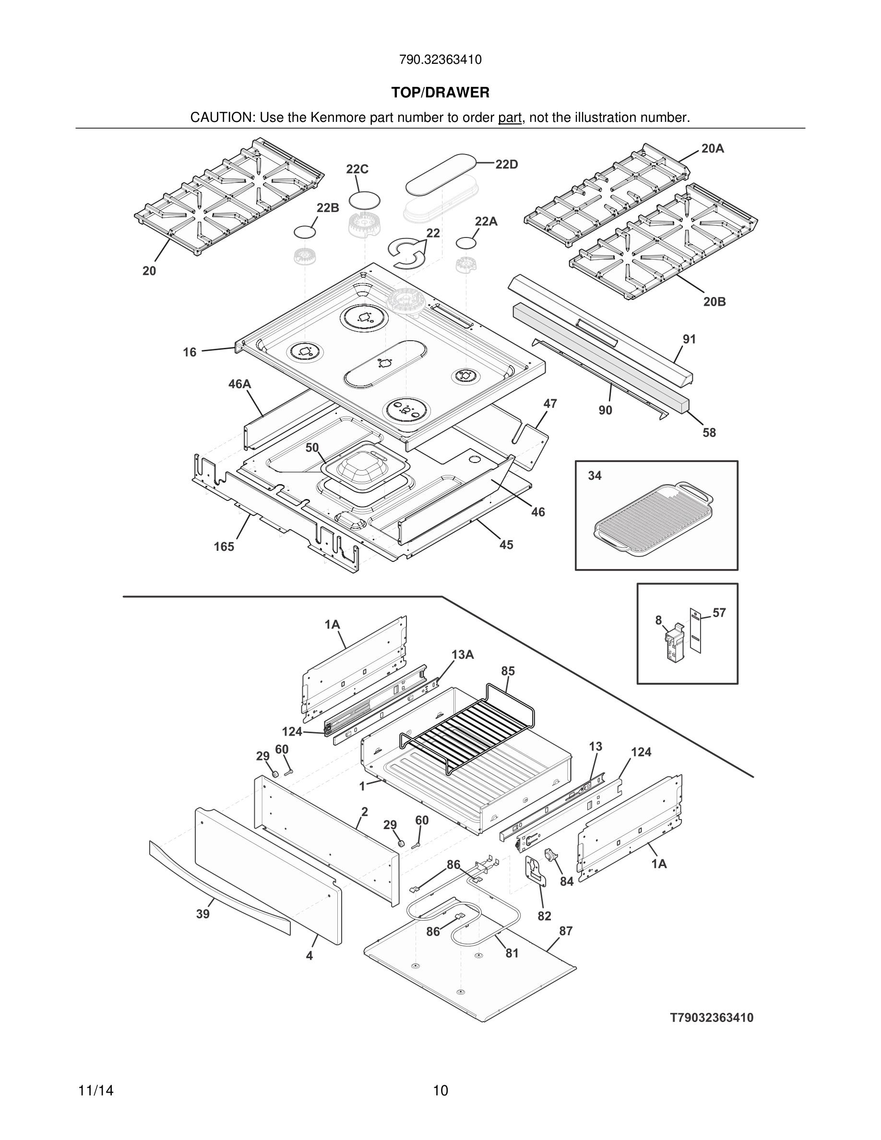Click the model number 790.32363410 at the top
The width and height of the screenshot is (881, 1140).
point(440,59)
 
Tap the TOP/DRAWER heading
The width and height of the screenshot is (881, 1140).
point(440,93)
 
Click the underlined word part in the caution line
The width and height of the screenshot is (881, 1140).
point(510,118)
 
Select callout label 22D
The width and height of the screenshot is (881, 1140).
point(506,165)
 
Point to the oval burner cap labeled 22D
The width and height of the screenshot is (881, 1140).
point(441,171)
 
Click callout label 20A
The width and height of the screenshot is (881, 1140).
point(713,149)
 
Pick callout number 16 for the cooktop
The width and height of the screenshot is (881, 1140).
point(190,352)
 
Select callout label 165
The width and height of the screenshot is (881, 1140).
point(224,547)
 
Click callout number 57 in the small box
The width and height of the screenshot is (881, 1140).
point(719,613)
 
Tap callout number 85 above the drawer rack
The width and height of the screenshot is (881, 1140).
point(508,671)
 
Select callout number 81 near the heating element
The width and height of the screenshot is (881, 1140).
point(512,953)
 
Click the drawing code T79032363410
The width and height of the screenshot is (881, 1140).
point(712,1018)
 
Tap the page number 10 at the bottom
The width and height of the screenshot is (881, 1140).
point(440,1091)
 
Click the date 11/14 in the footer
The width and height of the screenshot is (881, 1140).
point(96,1091)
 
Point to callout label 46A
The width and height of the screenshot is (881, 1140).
point(239,384)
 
